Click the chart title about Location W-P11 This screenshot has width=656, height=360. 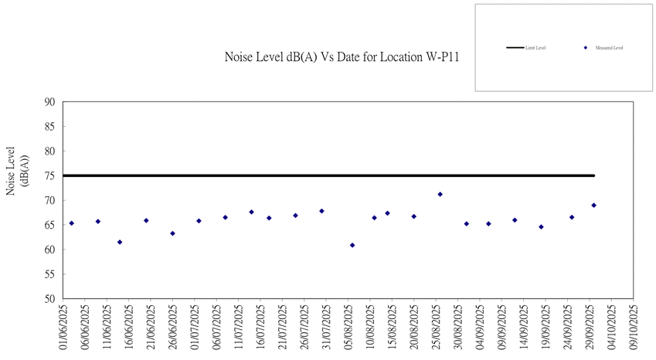pyautogui.click(x=338, y=57)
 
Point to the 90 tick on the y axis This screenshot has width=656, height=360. pyautogui.click(x=50, y=102)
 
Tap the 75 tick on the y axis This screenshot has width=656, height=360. pyautogui.click(x=50, y=175)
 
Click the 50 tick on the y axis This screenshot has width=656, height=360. pyautogui.click(x=50, y=298)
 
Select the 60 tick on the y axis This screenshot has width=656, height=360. pyautogui.click(x=50, y=250)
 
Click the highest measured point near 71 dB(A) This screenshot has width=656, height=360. pyautogui.click(x=440, y=194)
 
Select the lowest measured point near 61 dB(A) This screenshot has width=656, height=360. pyautogui.click(x=352, y=245)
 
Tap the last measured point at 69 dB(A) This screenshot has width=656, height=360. pyautogui.click(x=593, y=205)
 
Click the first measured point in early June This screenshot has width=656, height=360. pyautogui.click(x=71, y=223)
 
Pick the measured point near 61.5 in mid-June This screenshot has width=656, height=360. pyautogui.click(x=120, y=242)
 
